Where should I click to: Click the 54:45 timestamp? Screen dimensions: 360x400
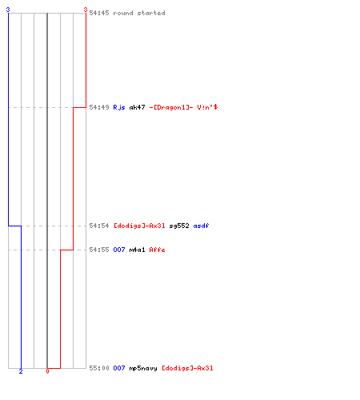click(x=99, y=13)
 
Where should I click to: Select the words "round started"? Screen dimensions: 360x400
click(x=139, y=13)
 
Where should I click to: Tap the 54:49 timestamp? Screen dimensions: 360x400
click(x=99, y=107)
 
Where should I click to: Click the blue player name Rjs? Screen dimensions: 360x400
click(x=119, y=107)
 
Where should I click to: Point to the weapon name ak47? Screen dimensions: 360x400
click(x=137, y=107)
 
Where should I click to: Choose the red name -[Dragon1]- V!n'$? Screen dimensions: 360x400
click(x=183, y=107)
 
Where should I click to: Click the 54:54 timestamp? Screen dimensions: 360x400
click(x=99, y=226)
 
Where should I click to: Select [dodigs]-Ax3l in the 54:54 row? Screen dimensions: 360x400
click(x=139, y=226)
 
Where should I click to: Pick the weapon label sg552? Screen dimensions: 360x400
click(x=179, y=226)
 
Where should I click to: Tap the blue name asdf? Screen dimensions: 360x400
click(x=201, y=226)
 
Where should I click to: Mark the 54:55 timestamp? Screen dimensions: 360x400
click(x=99, y=250)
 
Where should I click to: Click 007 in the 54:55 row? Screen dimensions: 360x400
click(x=119, y=250)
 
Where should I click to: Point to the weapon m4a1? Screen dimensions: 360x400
click(x=137, y=250)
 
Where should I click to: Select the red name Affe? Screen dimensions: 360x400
click(x=157, y=250)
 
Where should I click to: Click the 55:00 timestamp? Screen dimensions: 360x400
click(x=99, y=368)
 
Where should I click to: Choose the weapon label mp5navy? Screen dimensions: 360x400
click(x=143, y=368)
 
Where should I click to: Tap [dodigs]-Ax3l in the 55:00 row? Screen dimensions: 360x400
click(x=187, y=368)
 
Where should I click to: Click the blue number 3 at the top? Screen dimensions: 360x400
click(x=8, y=10)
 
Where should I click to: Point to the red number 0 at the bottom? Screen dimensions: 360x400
click(x=47, y=371)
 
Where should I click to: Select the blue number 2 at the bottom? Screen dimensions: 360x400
click(x=21, y=371)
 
